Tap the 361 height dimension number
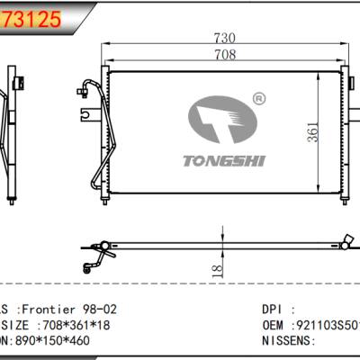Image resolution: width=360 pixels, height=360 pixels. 311,131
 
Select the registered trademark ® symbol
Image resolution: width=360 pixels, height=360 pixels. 259,97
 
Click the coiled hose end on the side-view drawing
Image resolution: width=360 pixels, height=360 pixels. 93,262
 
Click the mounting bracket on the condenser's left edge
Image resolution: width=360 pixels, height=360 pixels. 85,115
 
